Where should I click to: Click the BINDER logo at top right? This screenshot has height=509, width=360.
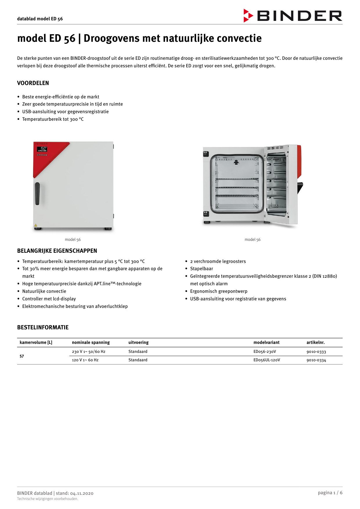click(x=293, y=16)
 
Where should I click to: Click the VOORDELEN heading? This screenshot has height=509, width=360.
click(x=33, y=83)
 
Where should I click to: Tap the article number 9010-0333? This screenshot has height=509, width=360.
click(x=316, y=352)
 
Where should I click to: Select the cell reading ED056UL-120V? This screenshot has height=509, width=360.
click(x=267, y=360)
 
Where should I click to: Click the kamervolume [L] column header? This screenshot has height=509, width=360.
click(x=36, y=342)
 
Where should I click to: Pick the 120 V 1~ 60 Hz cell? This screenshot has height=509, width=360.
click(x=85, y=360)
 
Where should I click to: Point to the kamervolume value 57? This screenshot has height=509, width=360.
click(x=22, y=356)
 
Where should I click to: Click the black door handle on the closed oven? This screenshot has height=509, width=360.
click(x=37, y=194)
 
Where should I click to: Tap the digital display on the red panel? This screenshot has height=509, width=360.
click(x=42, y=149)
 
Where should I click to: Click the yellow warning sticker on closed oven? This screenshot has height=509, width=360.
click(x=36, y=225)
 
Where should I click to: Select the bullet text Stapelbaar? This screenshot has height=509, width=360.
click(x=201, y=269)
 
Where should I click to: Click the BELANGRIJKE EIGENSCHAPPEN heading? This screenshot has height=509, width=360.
click(x=57, y=251)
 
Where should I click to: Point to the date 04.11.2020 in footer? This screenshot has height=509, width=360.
click(x=82, y=493)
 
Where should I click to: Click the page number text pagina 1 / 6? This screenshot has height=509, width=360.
click(x=330, y=492)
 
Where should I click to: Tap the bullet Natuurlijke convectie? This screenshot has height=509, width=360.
click(x=44, y=291)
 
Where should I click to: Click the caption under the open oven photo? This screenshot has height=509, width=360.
click(x=252, y=239)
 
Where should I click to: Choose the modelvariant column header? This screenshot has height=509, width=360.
click(x=266, y=342)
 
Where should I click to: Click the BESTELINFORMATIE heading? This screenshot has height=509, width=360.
click(x=43, y=327)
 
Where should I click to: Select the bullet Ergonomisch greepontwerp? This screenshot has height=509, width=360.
click(x=219, y=291)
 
